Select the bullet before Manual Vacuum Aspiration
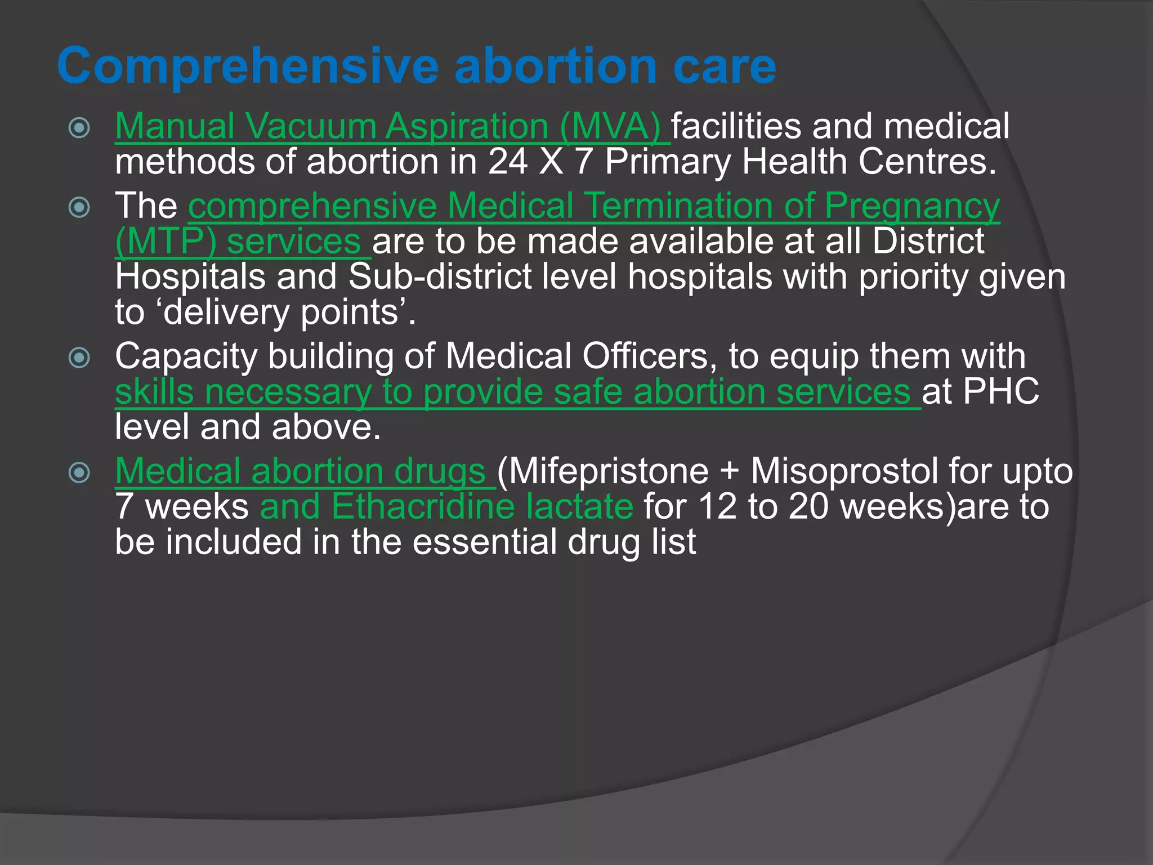pyautogui.click(x=79, y=128)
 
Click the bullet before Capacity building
pyautogui.click(x=79, y=358)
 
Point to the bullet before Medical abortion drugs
pyautogui.click(x=79, y=472)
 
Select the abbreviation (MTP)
pyautogui.click(x=166, y=241)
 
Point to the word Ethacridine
pyautogui.click(x=423, y=506)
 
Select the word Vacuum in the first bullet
pyautogui.click(x=310, y=126)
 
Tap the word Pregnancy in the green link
pyautogui.click(x=912, y=206)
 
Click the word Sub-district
pyautogui.click(x=440, y=277)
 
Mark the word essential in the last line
pyautogui.click(x=484, y=541)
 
